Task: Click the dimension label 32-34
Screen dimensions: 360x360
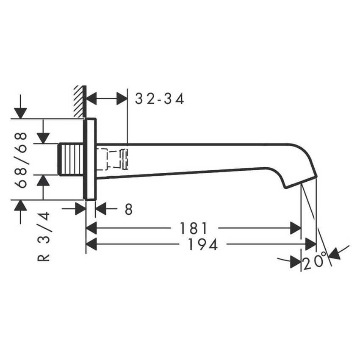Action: [160, 99]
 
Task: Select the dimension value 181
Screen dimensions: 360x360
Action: [192, 229]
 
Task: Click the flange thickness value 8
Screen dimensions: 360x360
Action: [129, 209]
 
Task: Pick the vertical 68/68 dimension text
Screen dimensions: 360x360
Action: [21, 160]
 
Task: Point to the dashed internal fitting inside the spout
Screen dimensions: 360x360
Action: [114, 159]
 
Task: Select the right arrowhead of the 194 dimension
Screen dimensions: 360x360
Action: [311, 244]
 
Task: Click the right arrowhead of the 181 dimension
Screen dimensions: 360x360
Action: [296, 229]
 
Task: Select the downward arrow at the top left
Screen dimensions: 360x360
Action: [20, 113]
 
